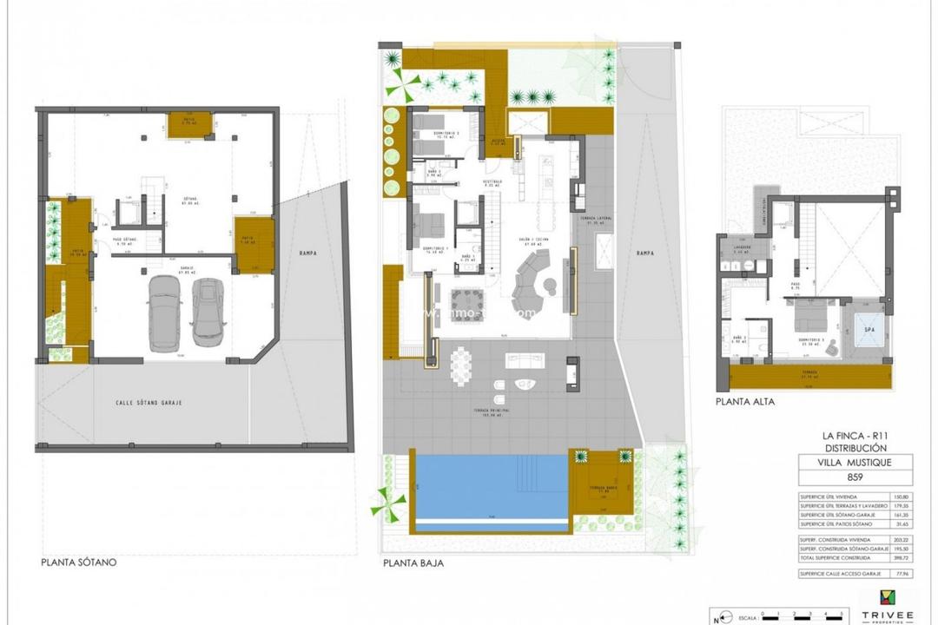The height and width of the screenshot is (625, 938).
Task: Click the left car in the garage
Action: [163, 313]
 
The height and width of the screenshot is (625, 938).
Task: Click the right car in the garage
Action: [208, 311]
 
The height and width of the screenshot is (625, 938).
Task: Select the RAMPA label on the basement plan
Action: [305, 253]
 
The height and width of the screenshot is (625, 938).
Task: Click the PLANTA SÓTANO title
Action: [78, 562]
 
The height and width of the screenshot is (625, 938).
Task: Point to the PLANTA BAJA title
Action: [413, 563]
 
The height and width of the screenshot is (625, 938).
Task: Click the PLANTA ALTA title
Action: [744, 402]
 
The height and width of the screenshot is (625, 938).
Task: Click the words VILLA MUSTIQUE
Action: [856, 463]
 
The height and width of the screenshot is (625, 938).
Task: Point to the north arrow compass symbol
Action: [717, 618]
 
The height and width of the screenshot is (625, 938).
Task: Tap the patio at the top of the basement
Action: [185, 123]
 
